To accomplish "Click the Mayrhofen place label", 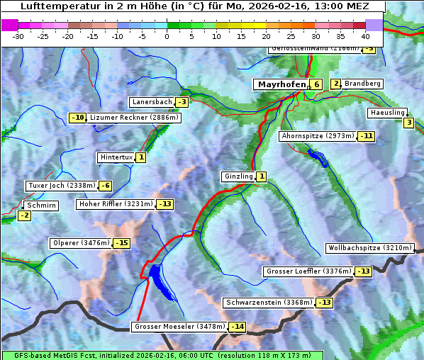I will [281, 84].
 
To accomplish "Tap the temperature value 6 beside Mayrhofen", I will [316, 84].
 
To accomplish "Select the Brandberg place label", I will [362, 84].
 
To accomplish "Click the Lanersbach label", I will [152, 102].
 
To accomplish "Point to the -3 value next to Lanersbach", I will [182, 102].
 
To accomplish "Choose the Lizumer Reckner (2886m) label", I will [133, 118].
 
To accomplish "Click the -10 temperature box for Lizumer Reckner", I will [77, 118].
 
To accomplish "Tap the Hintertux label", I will [116, 157].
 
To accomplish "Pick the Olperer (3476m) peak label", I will [81, 243].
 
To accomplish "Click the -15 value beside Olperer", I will [122, 243].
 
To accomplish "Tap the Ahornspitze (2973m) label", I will [318, 135].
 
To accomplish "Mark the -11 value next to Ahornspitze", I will [366, 135].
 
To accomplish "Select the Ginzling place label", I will [238, 176].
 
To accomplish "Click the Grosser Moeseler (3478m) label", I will [179, 327].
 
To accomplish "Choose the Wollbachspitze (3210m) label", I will [369, 248].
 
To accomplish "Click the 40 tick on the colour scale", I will [365, 35].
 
